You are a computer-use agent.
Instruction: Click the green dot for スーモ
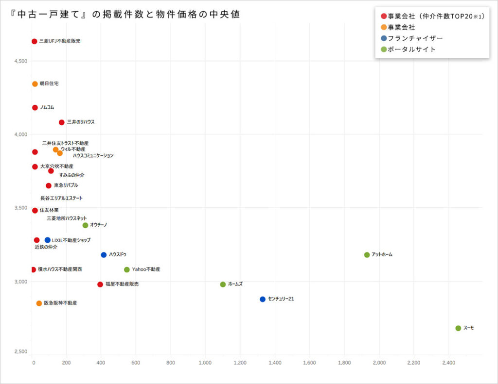(458, 328)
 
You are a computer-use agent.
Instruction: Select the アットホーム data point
(367, 255)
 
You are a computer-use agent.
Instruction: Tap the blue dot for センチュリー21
(263, 299)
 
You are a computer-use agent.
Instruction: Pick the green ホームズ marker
(223, 284)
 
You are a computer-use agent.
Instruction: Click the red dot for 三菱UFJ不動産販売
(34, 41)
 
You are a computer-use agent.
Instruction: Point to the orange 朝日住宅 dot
(35, 84)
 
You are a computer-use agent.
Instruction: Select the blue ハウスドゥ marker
(104, 255)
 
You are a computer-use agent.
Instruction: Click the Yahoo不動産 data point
(127, 269)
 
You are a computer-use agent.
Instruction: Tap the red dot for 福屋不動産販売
(100, 284)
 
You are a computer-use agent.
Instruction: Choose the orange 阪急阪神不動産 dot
(39, 303)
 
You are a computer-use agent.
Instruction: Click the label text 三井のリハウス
(81, 122)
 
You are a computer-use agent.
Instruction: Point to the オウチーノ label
(99, 225)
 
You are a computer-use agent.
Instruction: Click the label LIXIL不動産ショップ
(71, 240)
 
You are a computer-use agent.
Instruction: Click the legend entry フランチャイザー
(415, 38)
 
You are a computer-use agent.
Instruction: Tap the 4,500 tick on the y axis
(20, 61)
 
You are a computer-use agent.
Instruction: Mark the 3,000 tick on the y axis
(20, 282)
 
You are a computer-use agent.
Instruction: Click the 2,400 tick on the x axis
(448, 363)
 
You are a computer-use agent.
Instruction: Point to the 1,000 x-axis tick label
(205, 363)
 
